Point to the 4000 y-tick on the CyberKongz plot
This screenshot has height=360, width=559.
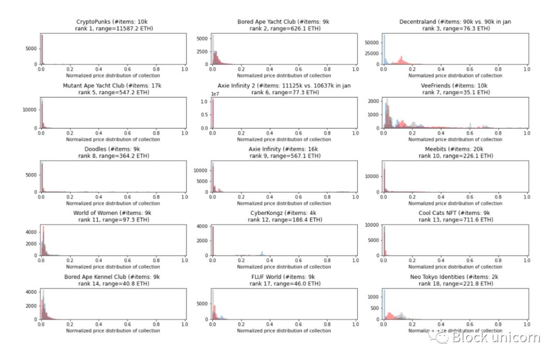202,226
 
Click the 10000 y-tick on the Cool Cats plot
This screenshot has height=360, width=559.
372,225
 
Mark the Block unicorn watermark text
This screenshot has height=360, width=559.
495,338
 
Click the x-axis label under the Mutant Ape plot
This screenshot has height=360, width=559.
113,139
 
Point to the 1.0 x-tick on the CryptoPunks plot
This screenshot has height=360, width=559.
185,69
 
